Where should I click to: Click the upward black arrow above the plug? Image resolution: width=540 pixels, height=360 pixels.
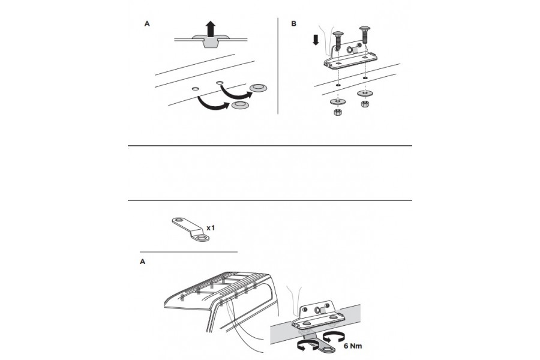tap(209, 28)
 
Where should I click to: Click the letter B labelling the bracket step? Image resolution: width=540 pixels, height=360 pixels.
tap(293, 24)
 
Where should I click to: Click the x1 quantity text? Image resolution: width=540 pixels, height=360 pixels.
tap(211, 229)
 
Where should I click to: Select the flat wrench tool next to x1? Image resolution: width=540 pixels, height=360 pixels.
tap(189, 230)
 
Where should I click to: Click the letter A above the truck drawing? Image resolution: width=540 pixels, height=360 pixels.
tap(142, 262)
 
